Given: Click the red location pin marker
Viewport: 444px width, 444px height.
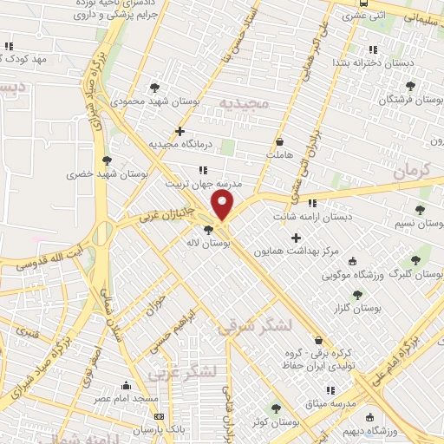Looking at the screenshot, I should point(223,206).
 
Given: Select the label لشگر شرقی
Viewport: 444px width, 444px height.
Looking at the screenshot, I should point(251,326).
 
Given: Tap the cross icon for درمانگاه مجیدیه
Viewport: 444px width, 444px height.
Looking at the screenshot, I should point(180,132).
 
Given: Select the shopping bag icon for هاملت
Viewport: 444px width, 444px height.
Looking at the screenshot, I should point(279,141).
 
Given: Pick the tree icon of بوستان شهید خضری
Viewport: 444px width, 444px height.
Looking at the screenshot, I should point(108,160).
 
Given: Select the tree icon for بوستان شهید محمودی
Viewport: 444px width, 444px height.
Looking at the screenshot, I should point(154,88).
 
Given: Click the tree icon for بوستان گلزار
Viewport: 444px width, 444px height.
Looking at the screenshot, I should point(357,295).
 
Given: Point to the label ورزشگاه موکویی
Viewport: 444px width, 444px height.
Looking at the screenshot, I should point(352,276).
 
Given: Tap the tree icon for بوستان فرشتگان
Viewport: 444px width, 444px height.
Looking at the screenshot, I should point(410,86).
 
